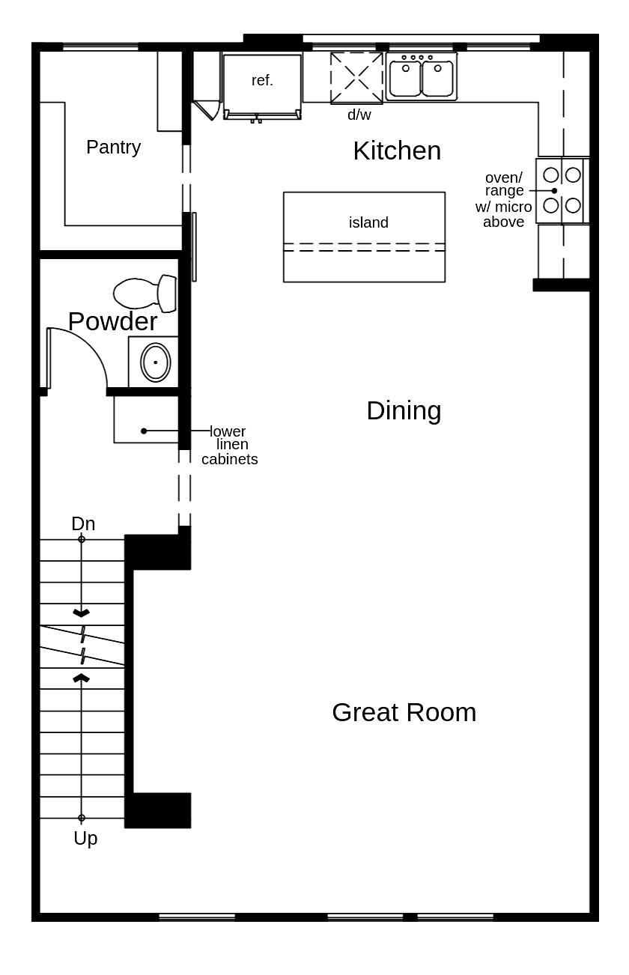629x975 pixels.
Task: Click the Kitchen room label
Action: coord(397,151)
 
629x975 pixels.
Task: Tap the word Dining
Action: coord(404,410)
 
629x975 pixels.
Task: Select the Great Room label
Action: coord(404,712)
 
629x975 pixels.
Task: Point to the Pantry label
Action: coord(113,147)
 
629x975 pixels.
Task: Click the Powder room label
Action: coord(112,321)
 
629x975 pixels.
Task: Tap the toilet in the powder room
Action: coord(145,292)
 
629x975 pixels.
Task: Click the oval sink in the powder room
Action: coord(155,362)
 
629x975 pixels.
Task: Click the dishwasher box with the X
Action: coord(356,78)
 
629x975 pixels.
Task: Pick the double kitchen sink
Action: coord(422,77)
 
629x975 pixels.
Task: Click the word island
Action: coord(368,222)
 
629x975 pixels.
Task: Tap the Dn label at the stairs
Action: coord(83,523)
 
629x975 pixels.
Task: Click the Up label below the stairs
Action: coord(85,839)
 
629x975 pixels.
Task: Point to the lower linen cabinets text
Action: coord(229,445)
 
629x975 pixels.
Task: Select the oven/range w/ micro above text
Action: coord(504,199)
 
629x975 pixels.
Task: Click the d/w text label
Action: coord(359,115)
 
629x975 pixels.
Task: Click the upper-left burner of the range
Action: coord(550,174)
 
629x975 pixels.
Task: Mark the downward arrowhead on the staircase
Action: coord(81,613)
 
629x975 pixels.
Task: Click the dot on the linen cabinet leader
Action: coord(144,431)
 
